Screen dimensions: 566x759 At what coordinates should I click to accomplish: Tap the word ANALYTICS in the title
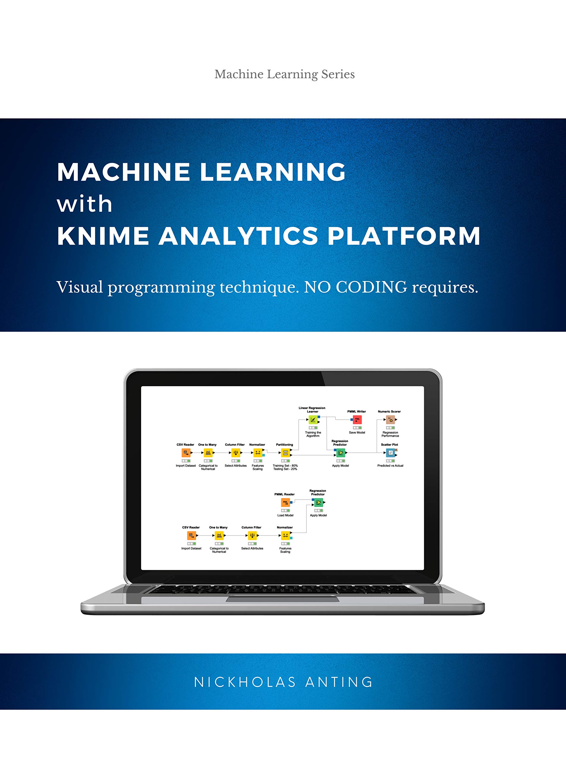tap(238, 236)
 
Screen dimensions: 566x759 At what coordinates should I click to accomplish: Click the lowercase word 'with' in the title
tap(85, 204)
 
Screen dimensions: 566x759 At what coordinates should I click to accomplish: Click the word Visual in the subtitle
tap(80, 287)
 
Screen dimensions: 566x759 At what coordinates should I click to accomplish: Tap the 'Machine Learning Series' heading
tap(284, 74)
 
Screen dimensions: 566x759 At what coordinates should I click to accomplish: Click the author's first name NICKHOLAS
tap(245, 682)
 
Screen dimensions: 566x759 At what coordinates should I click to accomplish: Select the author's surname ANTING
tap(339, 682)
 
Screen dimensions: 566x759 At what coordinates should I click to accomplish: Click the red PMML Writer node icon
tap(357, 420)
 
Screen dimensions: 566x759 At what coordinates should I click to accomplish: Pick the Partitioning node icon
tap(285, 453)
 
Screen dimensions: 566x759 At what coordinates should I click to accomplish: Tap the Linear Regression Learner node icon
tap(312, 420)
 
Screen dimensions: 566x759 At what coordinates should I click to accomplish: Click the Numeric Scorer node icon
tap(390, 420)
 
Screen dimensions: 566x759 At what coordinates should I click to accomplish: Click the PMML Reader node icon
tap(285, 502)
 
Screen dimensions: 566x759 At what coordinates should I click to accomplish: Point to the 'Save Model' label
tap(357, 432)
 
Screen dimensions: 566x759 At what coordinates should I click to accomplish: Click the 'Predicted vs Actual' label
tap(390, 465)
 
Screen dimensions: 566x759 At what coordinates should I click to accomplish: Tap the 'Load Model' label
tap(285, 515)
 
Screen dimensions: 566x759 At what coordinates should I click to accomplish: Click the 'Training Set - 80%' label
tap(285, 465)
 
